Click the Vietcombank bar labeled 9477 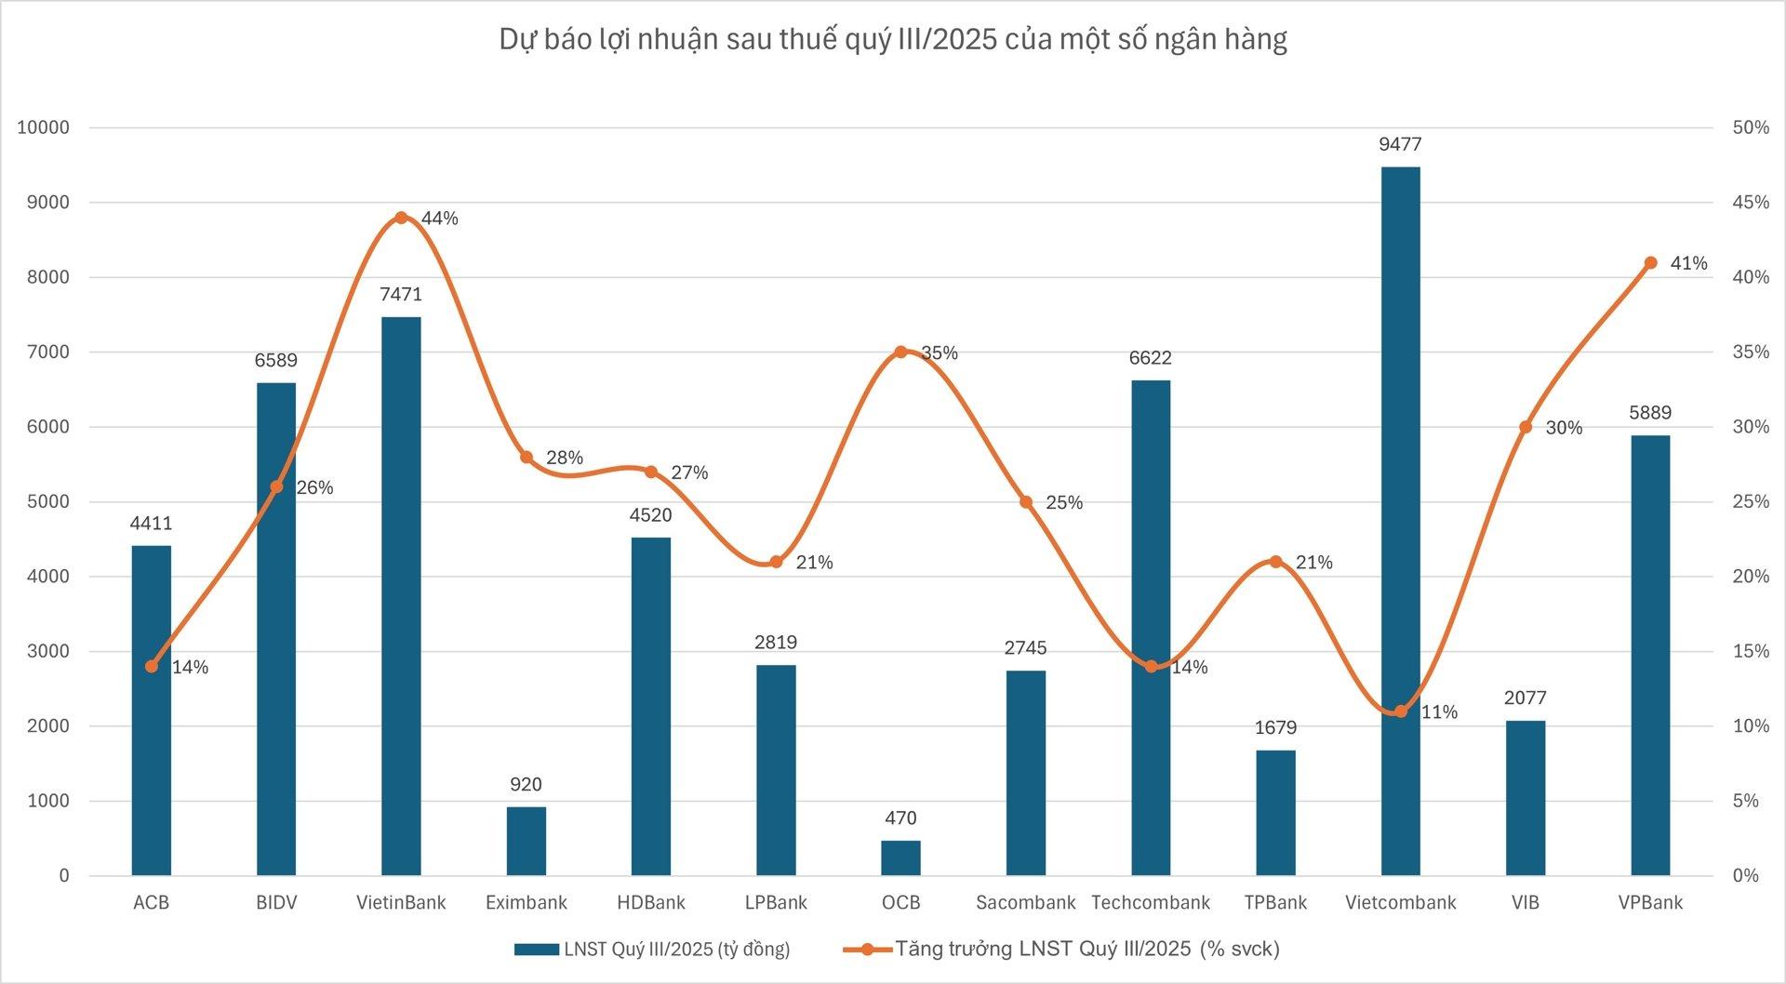tap(1400, 521)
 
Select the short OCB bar tap(900, 858)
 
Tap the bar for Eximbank tap(526, 841)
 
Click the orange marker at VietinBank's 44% tap(401, 218)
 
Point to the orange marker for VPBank tap(1650, 263)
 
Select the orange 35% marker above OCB tap(900, 352)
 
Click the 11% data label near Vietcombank tap(1439, 712)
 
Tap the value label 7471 tap(401, 295)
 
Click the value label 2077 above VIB tap(1525, 698)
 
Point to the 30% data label tap(1564, 428)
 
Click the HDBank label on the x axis tap(650, 902)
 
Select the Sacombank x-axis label tap(1025, 902)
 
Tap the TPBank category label tap(1275, 902)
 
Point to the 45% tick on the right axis tap(1751, 203)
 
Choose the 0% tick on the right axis tap(1746, 875)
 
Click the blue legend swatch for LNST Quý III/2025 tap(537, 950)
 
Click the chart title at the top tap(893, 39)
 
